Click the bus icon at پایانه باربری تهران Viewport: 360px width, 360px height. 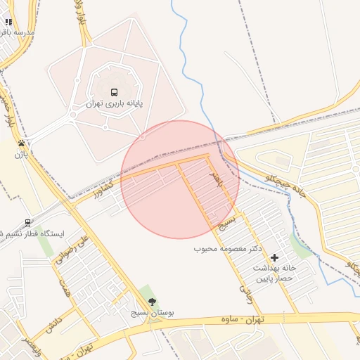(114, 92)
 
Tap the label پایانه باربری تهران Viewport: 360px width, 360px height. (114, 103)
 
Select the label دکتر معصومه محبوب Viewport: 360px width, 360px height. (228, 249)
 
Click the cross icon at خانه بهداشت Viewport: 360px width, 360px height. (274, 257)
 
